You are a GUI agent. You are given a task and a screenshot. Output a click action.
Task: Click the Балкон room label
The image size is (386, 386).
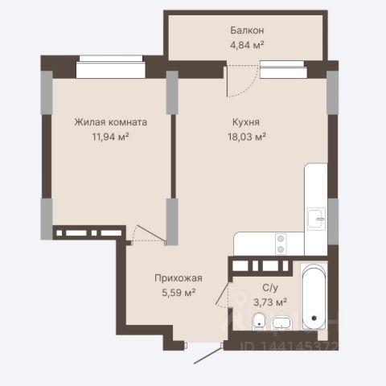click(x=247, y=31)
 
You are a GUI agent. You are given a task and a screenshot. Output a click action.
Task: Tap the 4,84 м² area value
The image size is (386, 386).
click(x=247, y=45)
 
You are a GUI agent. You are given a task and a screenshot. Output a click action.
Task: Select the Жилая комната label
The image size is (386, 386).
click(x=111, y=122)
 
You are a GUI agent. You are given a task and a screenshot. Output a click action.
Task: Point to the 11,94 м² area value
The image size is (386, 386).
click(x=111, y=137)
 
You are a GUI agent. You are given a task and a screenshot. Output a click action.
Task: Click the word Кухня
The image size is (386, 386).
click(x=246, y=122)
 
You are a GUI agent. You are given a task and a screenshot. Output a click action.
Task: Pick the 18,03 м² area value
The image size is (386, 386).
click(x=247, y=137)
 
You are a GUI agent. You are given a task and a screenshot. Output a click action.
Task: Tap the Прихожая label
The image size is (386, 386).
click(x=179, y=278)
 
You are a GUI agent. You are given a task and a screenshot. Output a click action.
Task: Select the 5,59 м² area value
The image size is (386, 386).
click(x=179, y=293)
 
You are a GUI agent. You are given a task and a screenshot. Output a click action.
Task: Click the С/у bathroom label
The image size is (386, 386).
click(x=270, y=288)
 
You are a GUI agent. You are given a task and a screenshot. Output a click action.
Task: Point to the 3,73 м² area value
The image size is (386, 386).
click(x=270, y=302)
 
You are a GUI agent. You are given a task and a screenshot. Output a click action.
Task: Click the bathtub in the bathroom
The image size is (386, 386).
click(x=314, y=297)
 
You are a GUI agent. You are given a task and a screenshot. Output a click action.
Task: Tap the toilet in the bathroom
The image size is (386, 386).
click(x=259, y=321)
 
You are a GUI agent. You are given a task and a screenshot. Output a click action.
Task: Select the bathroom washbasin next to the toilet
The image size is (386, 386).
click(x=281, y=322)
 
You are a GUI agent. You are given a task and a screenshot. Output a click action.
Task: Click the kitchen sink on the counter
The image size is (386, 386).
click(x=316, y=219)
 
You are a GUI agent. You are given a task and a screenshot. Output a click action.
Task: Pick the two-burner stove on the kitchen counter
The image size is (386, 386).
click(x=281, y=244)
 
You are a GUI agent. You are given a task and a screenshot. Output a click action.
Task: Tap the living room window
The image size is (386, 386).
click(x=111, y=67)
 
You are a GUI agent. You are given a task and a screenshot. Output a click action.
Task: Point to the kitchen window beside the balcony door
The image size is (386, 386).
click(x=283, y=69)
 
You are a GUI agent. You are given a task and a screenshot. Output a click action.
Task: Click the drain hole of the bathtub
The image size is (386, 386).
click(x=314, y=318)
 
